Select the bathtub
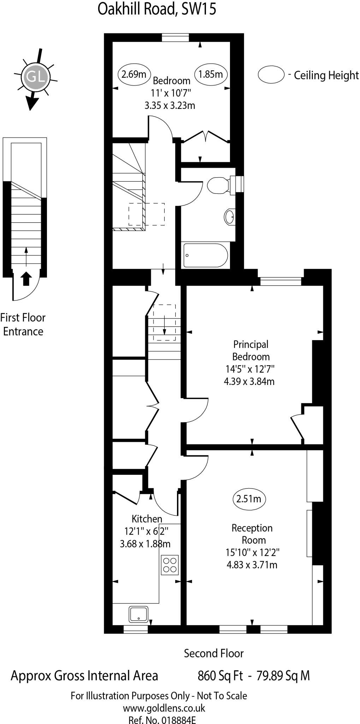pyautogui.click(x=205, y=255)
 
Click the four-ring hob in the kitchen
pyautogui.click(x=170, y=565)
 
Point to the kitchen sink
pyautogui.click(x=138, y=614)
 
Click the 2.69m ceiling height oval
pyautogui.click(x=134, y=74)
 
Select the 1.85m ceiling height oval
pyautogui.click(x=211, y=74)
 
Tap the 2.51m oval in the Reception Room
pyautogui.click(x=249, y=499)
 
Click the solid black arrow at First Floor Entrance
pyautogui.click(x=26, y=279)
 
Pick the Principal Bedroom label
pyautogui.click(x=251, y=350)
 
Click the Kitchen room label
pyautogui.click(x=147, y=519)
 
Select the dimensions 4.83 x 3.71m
pyautogui.click(x=252, y=565)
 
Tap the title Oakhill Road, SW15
pyautogui.click(x=157, y=9)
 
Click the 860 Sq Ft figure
pyautogui.click(x=220, y=676)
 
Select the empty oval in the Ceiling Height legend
pyautogui.click(x=271, y=75)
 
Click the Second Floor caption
pyautogui.click(x=213, y=653)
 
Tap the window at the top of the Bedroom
pyautogui.click(x=175, y=37)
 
